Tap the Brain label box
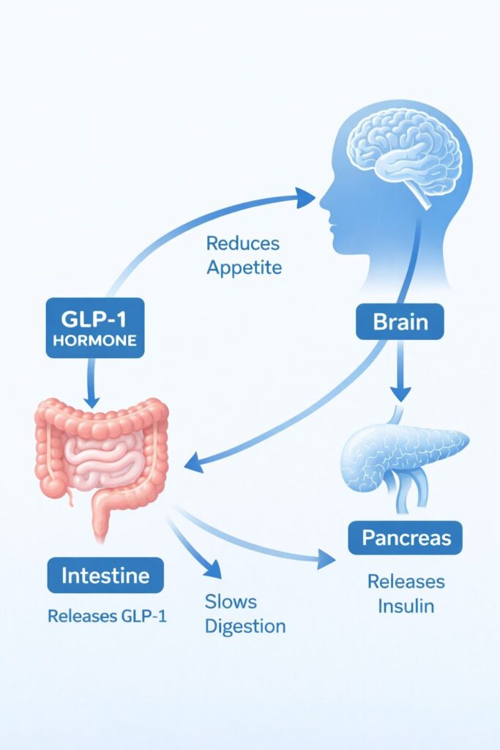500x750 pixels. coord(400,322)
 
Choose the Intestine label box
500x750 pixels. coord(105,576)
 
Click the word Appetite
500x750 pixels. coord(244,267)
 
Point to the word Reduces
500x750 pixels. coord(243,243)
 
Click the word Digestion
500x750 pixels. coord(245,627)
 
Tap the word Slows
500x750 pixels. coord(231,602)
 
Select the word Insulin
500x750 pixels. coord(406,606)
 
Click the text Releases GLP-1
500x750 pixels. coord(107,616)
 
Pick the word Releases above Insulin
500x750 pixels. coord(406,582)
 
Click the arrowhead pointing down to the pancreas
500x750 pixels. coord(400,393)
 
